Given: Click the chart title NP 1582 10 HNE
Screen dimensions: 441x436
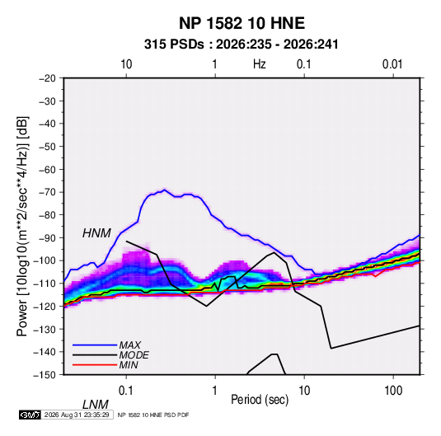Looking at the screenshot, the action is coord(242,23).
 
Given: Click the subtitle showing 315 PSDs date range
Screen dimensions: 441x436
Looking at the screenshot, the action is coord(241,45).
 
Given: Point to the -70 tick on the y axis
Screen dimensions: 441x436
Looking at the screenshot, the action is coord(47,192).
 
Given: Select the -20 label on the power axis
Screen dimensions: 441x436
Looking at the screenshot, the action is coord(47,78).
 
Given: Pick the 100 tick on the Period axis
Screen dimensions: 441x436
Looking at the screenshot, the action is coord(393,391).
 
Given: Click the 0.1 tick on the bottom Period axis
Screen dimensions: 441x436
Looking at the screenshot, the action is coord(126,391).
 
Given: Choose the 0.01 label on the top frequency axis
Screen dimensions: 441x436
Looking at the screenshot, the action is coord(392,64).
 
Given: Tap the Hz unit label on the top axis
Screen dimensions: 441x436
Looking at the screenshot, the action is coord(260,64).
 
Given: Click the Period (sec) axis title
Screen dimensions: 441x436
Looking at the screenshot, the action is coord(260,400).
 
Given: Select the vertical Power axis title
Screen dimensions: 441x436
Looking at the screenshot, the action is coord(22,227).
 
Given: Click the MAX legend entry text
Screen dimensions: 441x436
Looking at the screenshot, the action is coord(130,345).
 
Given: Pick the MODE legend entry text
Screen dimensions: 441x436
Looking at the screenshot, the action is coord(134,355).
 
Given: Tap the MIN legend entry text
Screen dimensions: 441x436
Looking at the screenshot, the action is coord(129,365).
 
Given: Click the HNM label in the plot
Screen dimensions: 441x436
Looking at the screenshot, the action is coord(96,233).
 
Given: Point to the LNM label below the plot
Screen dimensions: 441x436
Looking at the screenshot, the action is coord(96,405).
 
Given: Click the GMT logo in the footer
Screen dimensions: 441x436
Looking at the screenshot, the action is coord(30,415).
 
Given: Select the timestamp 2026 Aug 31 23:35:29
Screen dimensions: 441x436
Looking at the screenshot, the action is coord(77,415).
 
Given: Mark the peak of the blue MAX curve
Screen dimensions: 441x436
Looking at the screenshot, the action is coord(165,190).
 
